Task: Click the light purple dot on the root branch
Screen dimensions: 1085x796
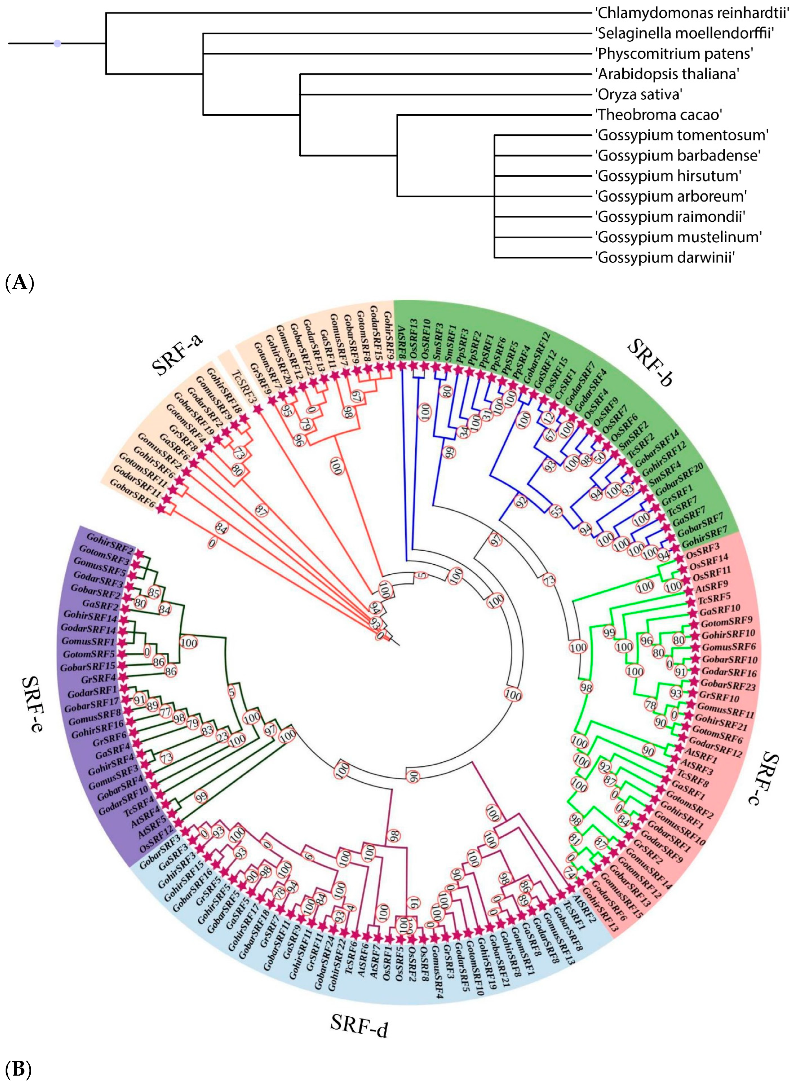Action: [x=57, y=43]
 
